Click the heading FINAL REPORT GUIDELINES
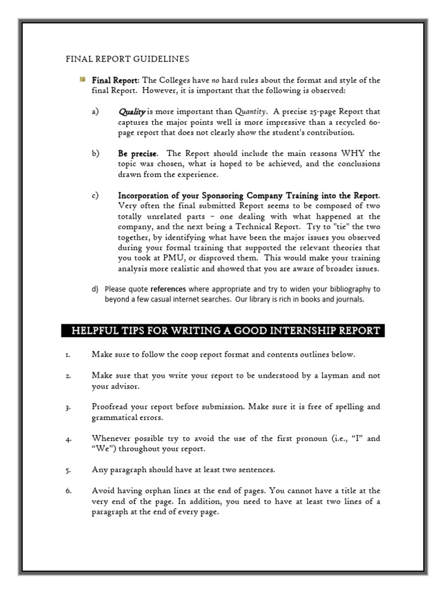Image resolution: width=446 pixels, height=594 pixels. coord(127,59)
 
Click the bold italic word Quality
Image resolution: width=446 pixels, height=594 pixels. coord(132,111)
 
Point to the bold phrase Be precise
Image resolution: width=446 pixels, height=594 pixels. coord(138,154)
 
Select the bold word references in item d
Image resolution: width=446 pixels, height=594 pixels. coord(168,288)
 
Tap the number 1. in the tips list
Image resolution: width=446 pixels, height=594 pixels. coord(68,354)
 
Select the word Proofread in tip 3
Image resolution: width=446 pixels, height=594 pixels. coord(111,407)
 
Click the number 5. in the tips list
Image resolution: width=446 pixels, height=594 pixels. coord(68,470)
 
